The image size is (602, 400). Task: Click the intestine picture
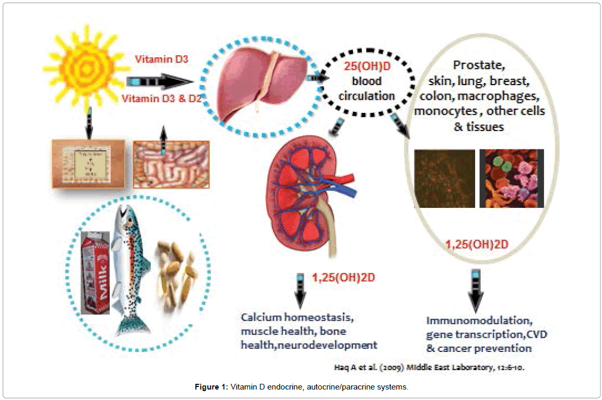point(171,164)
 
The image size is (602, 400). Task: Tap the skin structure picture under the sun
point(88,163)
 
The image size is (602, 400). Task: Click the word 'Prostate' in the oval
point(480,66)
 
